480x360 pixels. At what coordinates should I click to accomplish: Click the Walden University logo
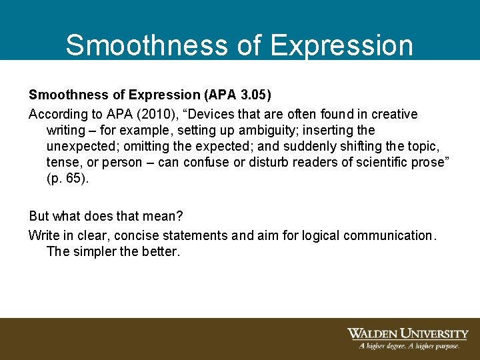point(407,334)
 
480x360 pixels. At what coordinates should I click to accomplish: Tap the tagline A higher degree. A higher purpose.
point(409,346)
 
